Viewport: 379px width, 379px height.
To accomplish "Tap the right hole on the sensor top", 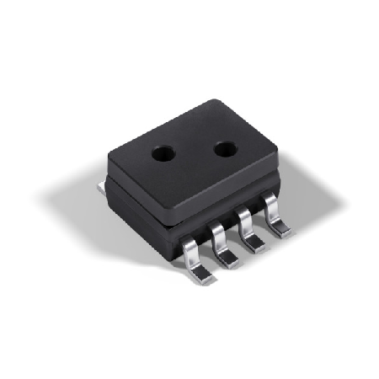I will (226, 149).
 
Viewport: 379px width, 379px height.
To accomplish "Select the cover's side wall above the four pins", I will (227, 198).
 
